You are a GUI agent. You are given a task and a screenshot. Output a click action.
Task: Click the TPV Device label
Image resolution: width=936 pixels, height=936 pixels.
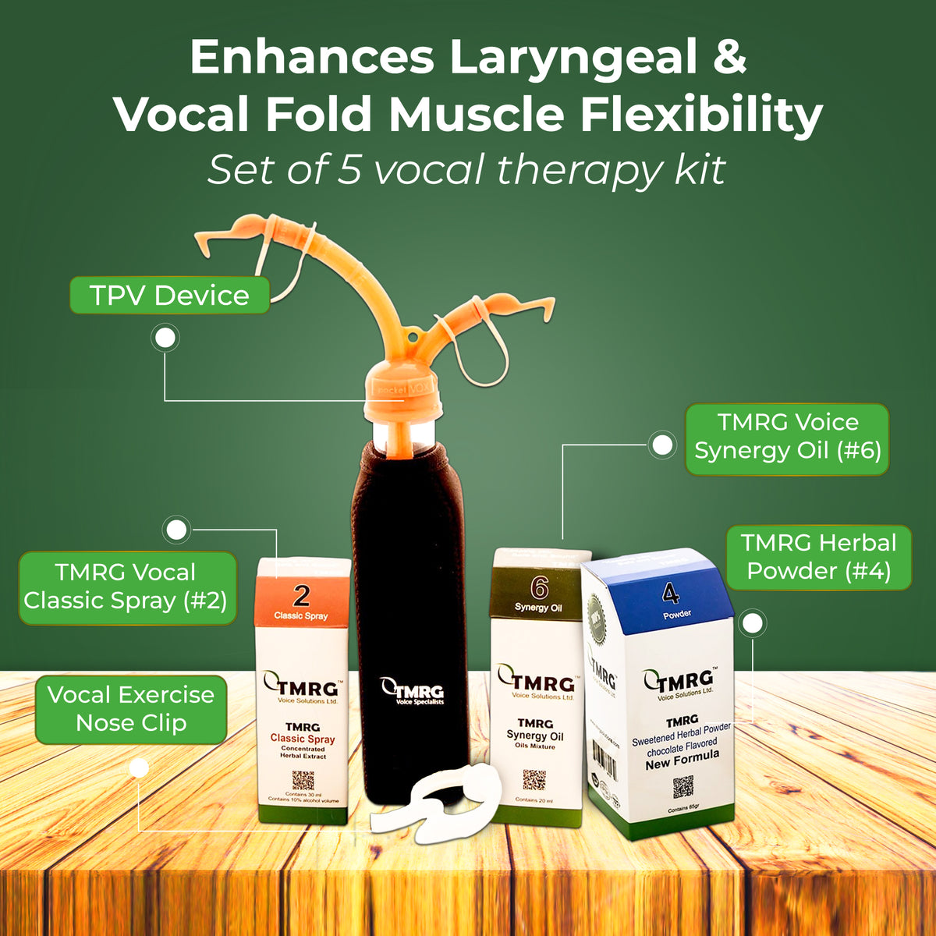coord(169,296)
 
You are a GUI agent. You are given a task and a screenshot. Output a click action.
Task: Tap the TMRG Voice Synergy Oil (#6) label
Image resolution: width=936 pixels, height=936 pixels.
coord(787,437)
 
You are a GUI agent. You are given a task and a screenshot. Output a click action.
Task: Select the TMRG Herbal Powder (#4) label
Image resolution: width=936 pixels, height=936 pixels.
coord(818,557)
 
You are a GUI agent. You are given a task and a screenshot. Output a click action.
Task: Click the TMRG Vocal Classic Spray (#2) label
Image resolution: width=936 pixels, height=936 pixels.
coord(126,587)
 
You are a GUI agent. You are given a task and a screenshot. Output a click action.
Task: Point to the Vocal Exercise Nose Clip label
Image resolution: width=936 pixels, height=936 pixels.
coord(131,708)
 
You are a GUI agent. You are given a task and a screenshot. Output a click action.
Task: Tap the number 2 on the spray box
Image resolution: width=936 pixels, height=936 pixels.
coord(301,596)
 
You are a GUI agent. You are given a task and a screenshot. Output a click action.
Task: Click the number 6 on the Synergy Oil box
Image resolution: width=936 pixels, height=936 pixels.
coord(539,587)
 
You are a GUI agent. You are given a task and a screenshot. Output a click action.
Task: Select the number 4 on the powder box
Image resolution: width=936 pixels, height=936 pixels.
coord(671,594)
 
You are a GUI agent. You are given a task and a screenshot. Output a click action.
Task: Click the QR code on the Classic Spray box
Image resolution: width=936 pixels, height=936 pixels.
coord(303,781)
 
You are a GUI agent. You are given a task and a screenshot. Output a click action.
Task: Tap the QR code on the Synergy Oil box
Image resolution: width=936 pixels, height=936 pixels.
coord(534,779)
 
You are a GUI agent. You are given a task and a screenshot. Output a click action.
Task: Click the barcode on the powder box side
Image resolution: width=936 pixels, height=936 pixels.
coord(605,760)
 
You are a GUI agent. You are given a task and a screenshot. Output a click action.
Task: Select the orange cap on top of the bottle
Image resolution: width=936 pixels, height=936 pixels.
coord(403,394)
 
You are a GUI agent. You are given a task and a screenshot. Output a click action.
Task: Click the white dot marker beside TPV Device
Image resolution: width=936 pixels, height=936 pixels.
coord(165,339)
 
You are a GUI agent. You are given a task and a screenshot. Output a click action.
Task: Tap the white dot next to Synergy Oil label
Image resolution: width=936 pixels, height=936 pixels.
coord(662,445)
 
